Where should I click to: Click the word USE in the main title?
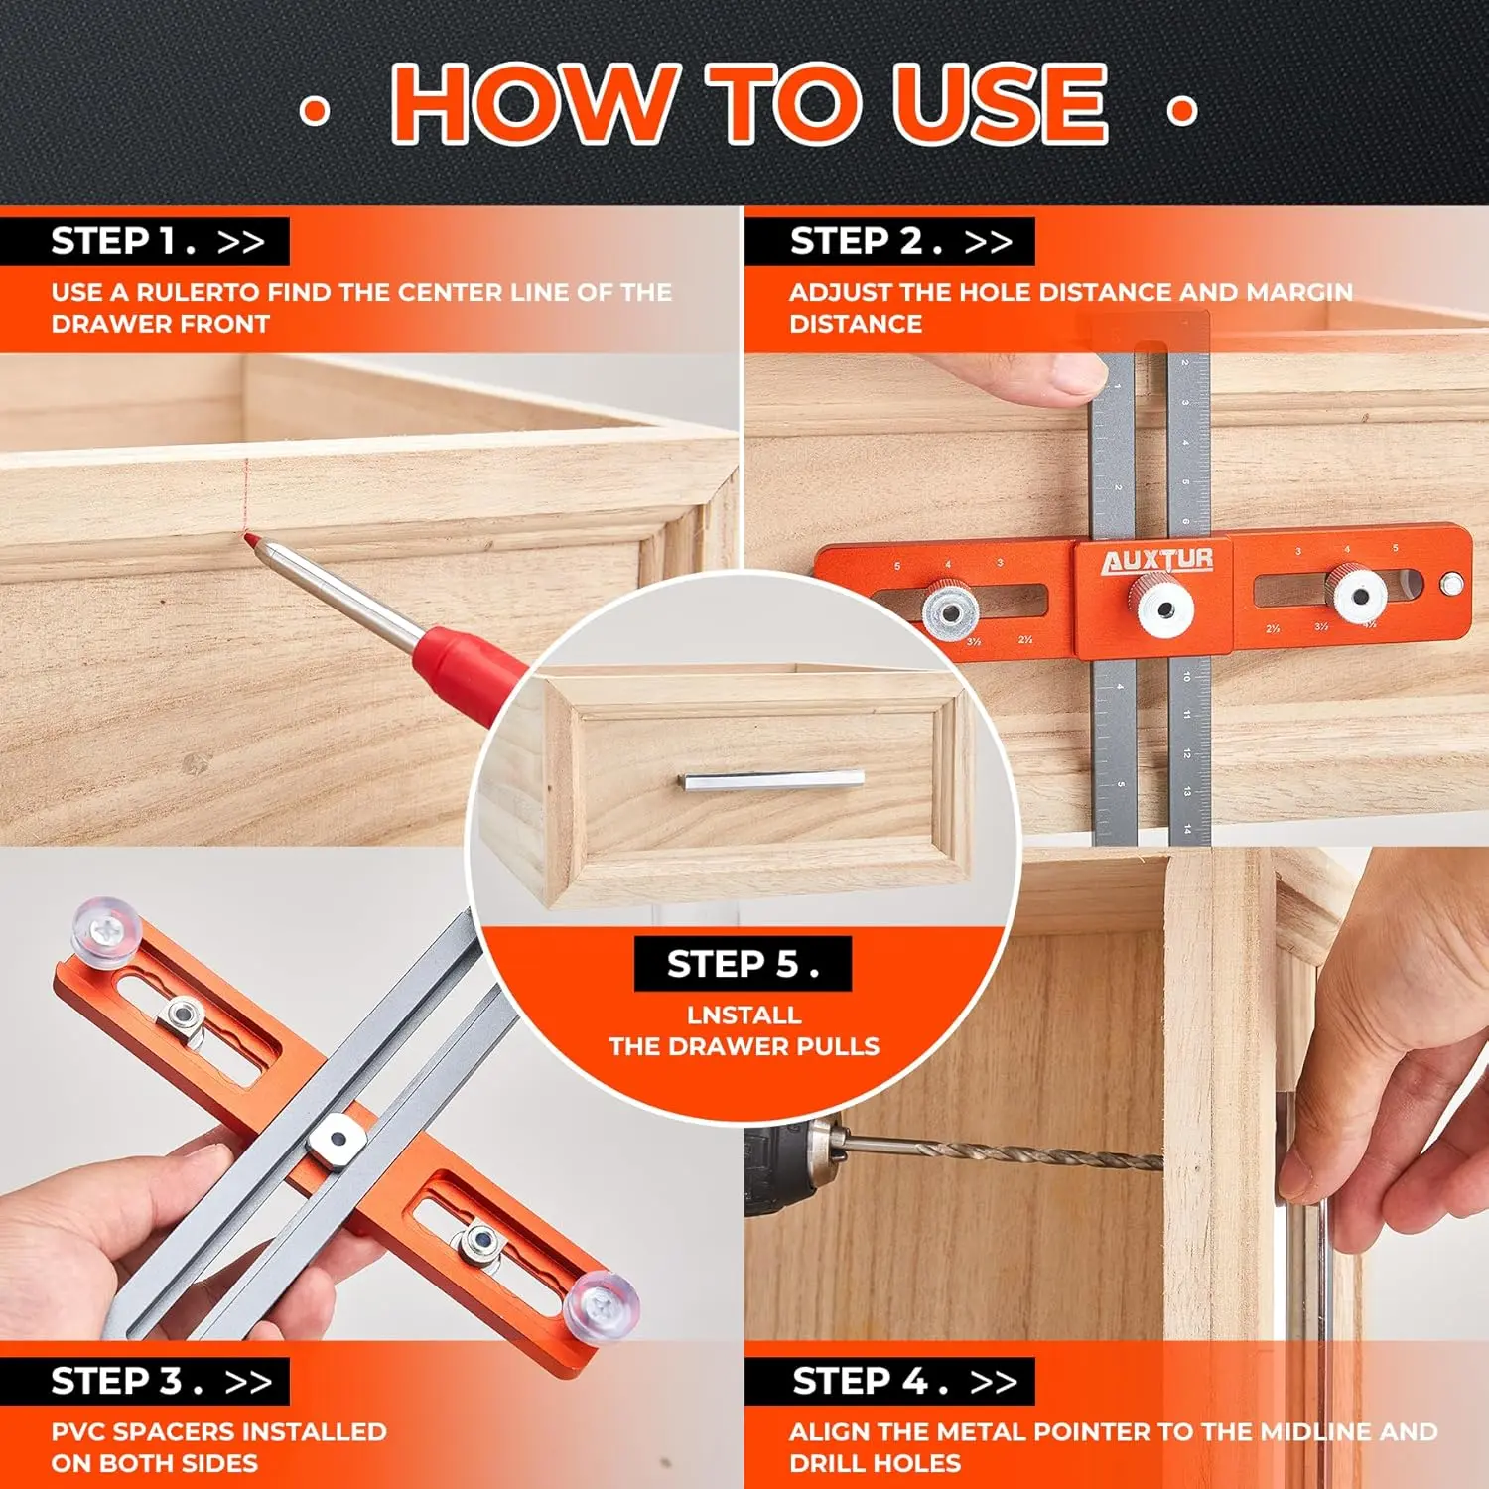[x=1000, y=103]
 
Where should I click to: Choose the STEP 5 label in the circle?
[x=743, y=964]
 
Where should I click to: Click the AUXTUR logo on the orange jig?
[x=1157, y=561]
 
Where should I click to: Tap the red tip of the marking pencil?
[x=252, y=541]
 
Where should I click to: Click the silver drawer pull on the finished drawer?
[x=773, y=781]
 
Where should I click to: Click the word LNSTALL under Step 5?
[x=744, y=1015]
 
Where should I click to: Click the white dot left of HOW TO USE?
[x=315, y=110]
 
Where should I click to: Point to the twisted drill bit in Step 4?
[x=1003, y=1151]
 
